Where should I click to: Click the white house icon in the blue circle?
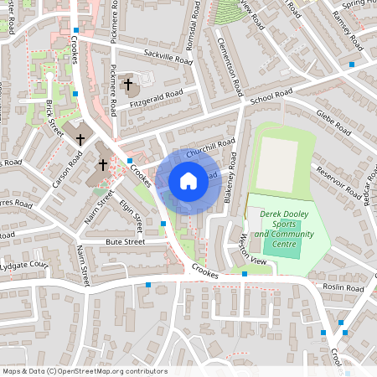coord(188,180)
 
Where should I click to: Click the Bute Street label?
coord(125,241)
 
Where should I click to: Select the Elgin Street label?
coord(131,209)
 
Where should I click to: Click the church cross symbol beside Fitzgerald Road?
coord(129,85)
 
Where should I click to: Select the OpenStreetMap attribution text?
coord(84,370)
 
